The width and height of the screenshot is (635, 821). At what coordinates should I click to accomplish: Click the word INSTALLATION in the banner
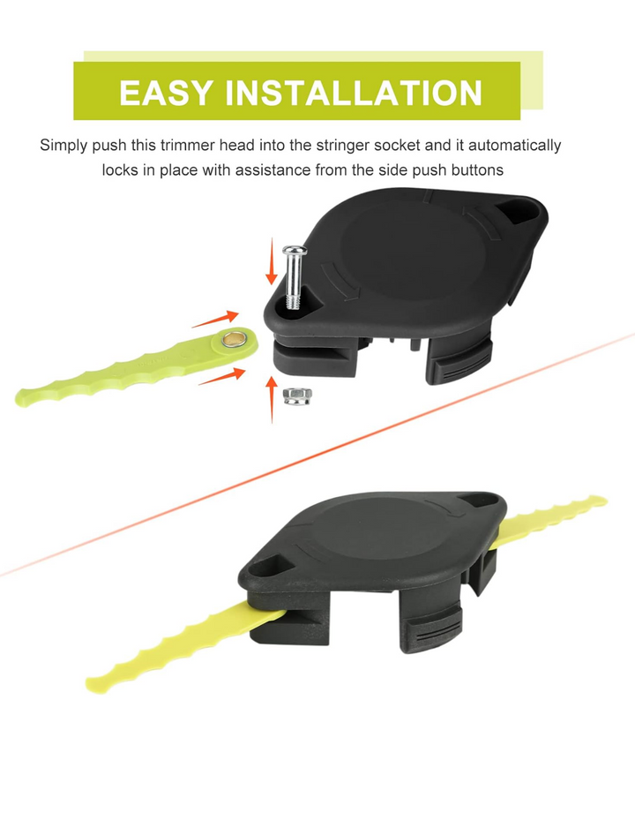click(353, 93)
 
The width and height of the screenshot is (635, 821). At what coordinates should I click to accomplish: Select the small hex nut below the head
click(295, 395)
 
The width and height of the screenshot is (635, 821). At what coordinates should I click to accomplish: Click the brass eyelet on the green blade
click(235, 339)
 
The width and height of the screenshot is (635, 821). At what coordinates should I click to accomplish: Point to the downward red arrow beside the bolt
click(271, 260)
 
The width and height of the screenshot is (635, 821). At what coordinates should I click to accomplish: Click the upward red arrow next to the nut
click(272, 399)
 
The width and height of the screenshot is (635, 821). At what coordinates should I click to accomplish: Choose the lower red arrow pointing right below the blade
click(221, 376)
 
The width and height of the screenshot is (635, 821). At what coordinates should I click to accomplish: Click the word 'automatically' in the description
click(515, 146)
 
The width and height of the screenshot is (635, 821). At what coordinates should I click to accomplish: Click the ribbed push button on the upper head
click(460, 361)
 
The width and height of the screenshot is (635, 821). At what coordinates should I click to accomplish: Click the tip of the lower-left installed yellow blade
click(91, 683)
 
